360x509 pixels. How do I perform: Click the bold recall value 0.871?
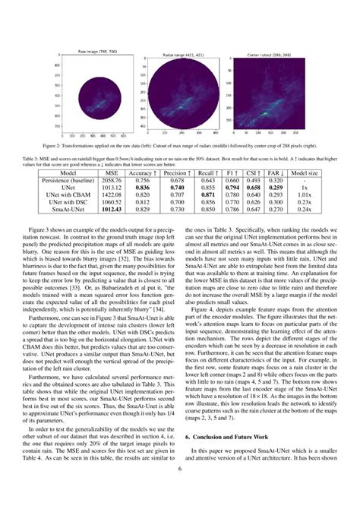pyautogui.click(x=206, y=195)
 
